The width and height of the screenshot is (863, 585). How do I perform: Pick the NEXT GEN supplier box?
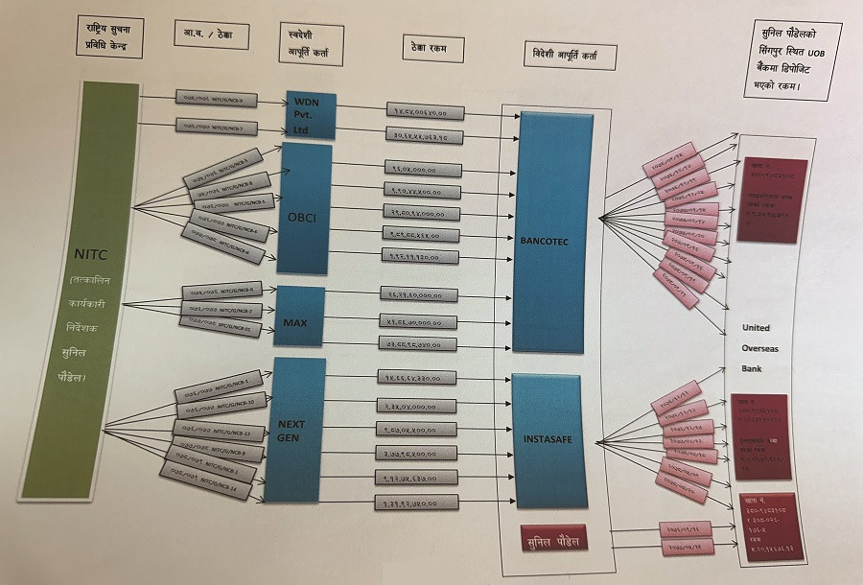(x=293, y=430)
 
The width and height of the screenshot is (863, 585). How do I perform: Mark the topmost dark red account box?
(x=772, y=199)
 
